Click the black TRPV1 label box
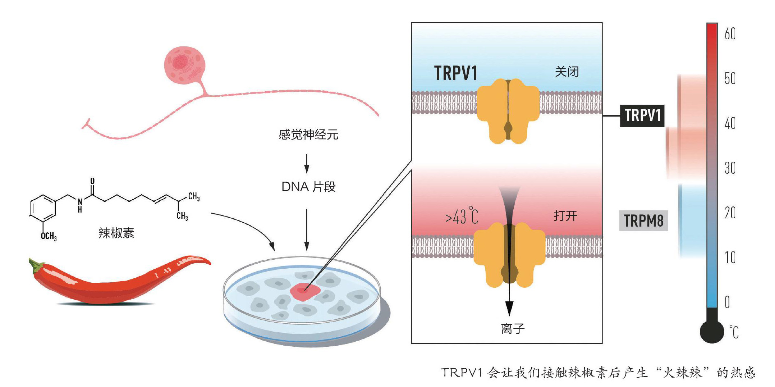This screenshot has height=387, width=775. point(642,115)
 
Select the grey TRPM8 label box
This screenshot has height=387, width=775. point(643,220)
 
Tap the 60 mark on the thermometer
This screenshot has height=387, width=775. point(730,34)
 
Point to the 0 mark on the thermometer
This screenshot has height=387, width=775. point(727,302)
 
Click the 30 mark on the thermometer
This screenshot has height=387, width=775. point(730,168)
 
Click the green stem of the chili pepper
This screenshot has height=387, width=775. point(36,266)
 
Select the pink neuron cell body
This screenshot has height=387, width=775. point(185,65)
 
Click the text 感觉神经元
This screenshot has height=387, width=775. point(308,135)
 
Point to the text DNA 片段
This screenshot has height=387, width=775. point(308,187)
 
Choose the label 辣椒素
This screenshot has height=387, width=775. point(116,233)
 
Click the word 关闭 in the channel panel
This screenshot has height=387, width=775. point(567,72)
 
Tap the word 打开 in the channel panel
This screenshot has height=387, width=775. point(565,216)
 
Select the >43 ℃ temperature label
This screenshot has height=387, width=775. point(462,216)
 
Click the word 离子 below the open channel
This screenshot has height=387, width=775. point(513,328)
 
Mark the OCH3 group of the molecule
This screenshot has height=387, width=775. point(49,236)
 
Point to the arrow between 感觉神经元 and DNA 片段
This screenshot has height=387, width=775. point(307,164)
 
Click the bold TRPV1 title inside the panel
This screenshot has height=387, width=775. point(456,73)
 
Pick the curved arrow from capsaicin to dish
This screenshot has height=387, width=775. point(248,225)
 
